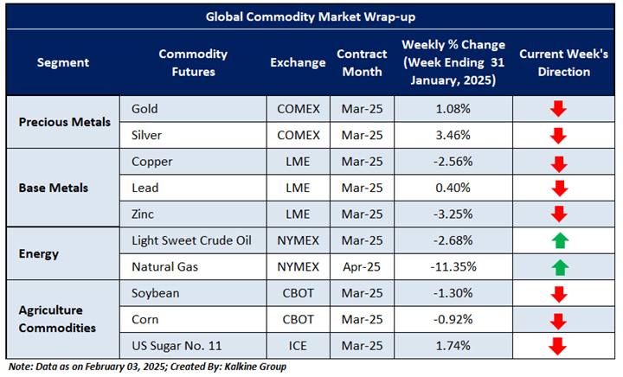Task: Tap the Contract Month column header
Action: coord(363,62)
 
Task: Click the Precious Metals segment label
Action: coord(65,122)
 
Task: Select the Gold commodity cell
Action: coord(145,109)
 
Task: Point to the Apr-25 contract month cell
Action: coord(363,266)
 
